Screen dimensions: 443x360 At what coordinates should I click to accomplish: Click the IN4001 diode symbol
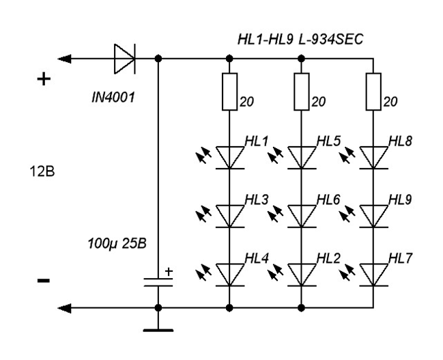pyautogui.click(x=125, y=59)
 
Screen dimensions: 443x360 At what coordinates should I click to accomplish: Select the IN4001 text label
pyautogui.click(x=113, y=98)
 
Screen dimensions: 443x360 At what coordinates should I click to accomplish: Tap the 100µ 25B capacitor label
pyautogui.click(x=117, y=243)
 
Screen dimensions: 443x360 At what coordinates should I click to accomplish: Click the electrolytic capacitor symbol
pyautogui.click(x=158, y=282)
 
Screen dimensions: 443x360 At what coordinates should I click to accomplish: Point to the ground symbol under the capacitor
pyautogui.click(x=158, y=330)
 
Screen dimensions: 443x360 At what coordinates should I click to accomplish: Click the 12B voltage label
pyautogui.click(x=42, y=171)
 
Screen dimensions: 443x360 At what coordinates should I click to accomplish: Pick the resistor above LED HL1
pyautogui.click(x=229, y=92)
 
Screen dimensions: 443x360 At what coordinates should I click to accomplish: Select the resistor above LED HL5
pyautogui.click(x=302, y=92)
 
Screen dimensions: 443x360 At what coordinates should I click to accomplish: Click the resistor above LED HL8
pyautogui.click(x=373, y=92)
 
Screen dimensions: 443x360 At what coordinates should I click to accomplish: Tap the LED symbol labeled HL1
pyautogui.click(x=230, y=158)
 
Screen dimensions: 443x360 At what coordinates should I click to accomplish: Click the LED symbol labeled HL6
pyautogui.click(x=302, y=216)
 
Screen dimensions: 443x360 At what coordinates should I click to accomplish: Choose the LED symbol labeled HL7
pyautogui.click(x=373, y=275)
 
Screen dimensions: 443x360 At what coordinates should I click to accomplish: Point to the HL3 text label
pyautogui.click(x=256, y=199)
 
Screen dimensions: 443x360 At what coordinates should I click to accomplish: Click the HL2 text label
pyautogui.click(x=328, y=258)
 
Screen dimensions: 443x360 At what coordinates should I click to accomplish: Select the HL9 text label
pyautogui.click(x=400, y=199)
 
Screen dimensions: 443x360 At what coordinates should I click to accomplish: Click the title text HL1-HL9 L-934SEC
pyautogui.click(x=300, y=40)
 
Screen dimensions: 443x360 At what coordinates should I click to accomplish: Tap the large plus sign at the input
pyautogui.click(x=44, y=79)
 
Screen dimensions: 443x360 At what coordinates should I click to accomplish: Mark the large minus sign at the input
pyautogui.click(x=44, y=281)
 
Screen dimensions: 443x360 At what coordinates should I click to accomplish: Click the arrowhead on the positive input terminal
pyautogui.click(x=64, y=59)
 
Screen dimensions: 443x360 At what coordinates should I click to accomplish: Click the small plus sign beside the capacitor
pyautogui.click(x=169, y=272)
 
